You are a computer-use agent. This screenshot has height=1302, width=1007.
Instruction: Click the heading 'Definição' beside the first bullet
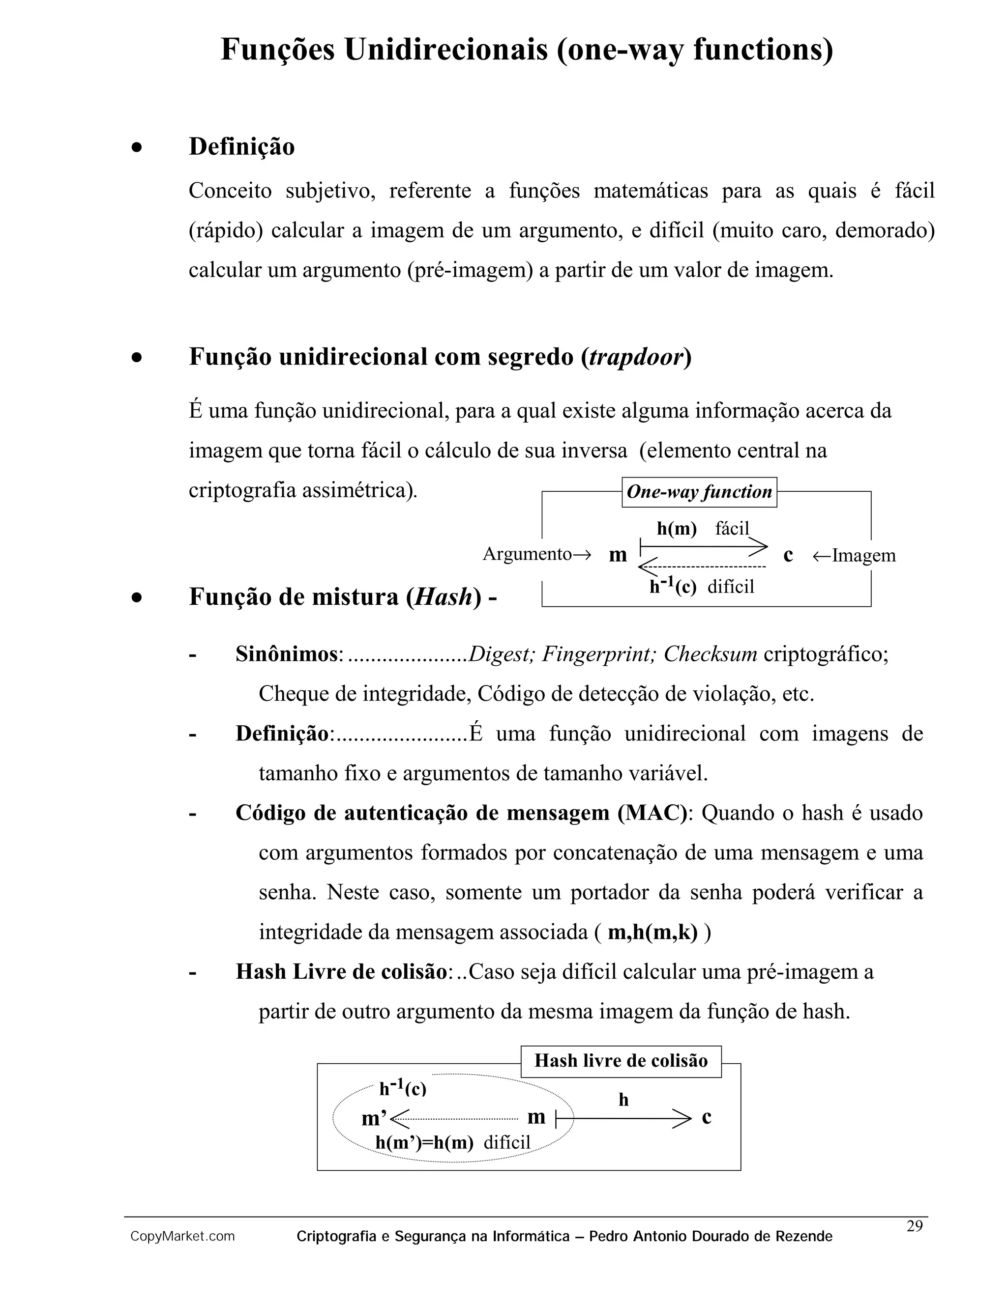[241, 146]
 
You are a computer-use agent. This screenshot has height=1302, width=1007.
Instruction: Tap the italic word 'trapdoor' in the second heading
[636, 357]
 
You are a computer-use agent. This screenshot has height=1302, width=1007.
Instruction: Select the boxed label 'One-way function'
[699, 492]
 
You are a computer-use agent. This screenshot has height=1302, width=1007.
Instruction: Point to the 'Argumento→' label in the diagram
[536, 554]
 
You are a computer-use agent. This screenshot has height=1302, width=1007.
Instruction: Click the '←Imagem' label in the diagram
[854, 556]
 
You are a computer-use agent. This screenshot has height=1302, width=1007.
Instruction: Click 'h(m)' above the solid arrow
[677, 528]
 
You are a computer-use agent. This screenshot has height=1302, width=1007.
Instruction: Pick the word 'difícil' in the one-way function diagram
[731, 587]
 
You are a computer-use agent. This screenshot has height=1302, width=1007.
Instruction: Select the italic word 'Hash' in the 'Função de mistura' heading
[443, 597]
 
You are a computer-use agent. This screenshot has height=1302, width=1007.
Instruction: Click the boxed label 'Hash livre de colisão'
[621, 1061]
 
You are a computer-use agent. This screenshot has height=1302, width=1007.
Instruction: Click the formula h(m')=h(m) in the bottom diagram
[424, 1142]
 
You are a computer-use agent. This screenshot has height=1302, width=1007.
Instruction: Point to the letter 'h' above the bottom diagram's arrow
[623, 1100]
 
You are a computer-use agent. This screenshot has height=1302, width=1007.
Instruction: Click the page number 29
[915, 1226]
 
